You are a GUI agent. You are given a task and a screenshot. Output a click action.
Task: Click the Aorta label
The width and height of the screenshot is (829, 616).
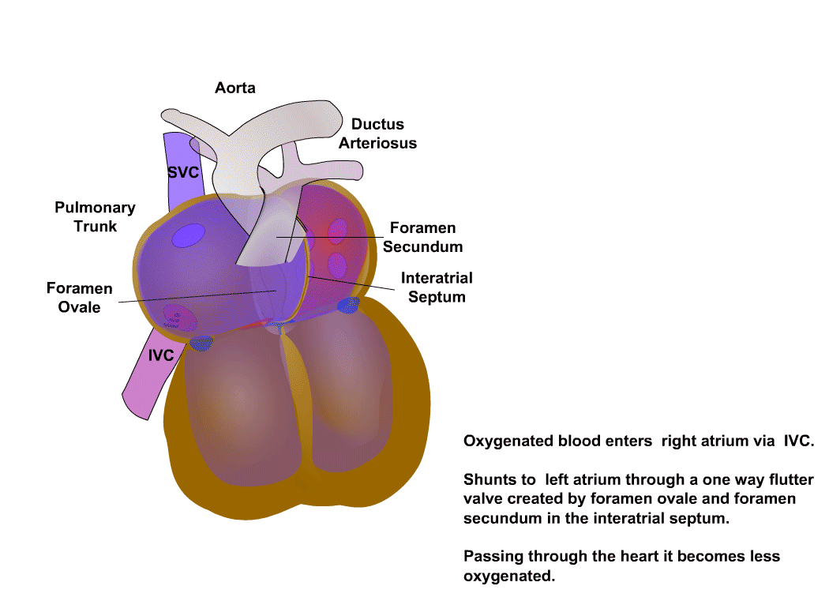(x=235, y=88)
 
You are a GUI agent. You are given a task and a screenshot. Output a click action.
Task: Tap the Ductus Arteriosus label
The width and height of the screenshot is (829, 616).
(x=377, y=133)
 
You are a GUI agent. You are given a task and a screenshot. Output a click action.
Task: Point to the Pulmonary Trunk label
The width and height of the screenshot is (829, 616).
(x=95, y=217)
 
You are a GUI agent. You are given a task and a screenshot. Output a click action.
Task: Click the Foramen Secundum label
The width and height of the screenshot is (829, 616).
(x=423, y=237)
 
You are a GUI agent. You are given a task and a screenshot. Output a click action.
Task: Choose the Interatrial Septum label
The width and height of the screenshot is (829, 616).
(x=437, y=287)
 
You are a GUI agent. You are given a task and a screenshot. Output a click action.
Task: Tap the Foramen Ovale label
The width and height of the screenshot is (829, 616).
(x=79, y=298)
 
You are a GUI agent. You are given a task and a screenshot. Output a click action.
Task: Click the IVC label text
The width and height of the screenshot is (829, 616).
(x=161, y=356)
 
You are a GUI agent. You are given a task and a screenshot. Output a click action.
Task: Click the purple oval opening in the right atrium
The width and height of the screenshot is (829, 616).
(x=188, y=234)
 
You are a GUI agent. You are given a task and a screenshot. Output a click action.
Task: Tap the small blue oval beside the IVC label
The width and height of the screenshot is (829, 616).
(x=201, y=343)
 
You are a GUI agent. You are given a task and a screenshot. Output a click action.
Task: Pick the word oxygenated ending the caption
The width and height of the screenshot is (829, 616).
(x=508, y=576)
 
